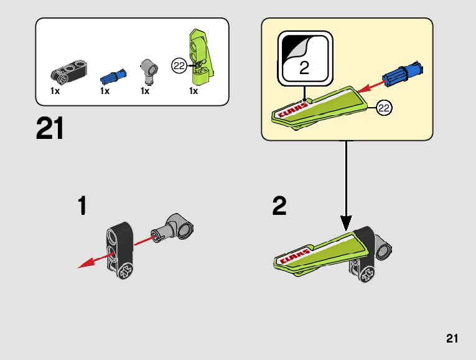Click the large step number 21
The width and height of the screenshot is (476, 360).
[x=50, y=129]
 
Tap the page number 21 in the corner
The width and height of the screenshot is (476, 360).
[x=452, y=339]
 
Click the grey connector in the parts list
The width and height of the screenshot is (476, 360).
[x=149, y=70]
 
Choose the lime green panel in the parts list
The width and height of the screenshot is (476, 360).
[x=201, y=55]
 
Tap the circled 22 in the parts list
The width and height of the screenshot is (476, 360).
[x=179, y=64]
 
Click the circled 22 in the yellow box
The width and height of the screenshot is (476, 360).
[x=384, y=108]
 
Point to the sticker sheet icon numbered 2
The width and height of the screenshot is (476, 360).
[x=304, y=57]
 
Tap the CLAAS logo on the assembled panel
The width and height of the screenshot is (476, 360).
[x=294, y=256]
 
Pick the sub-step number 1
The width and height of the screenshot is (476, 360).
[x=82, y=206]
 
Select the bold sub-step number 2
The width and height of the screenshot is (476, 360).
[x=279, y=206]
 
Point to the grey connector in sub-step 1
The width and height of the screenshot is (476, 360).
[x=175, y=225]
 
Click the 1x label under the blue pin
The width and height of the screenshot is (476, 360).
[x=105, y=92]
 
